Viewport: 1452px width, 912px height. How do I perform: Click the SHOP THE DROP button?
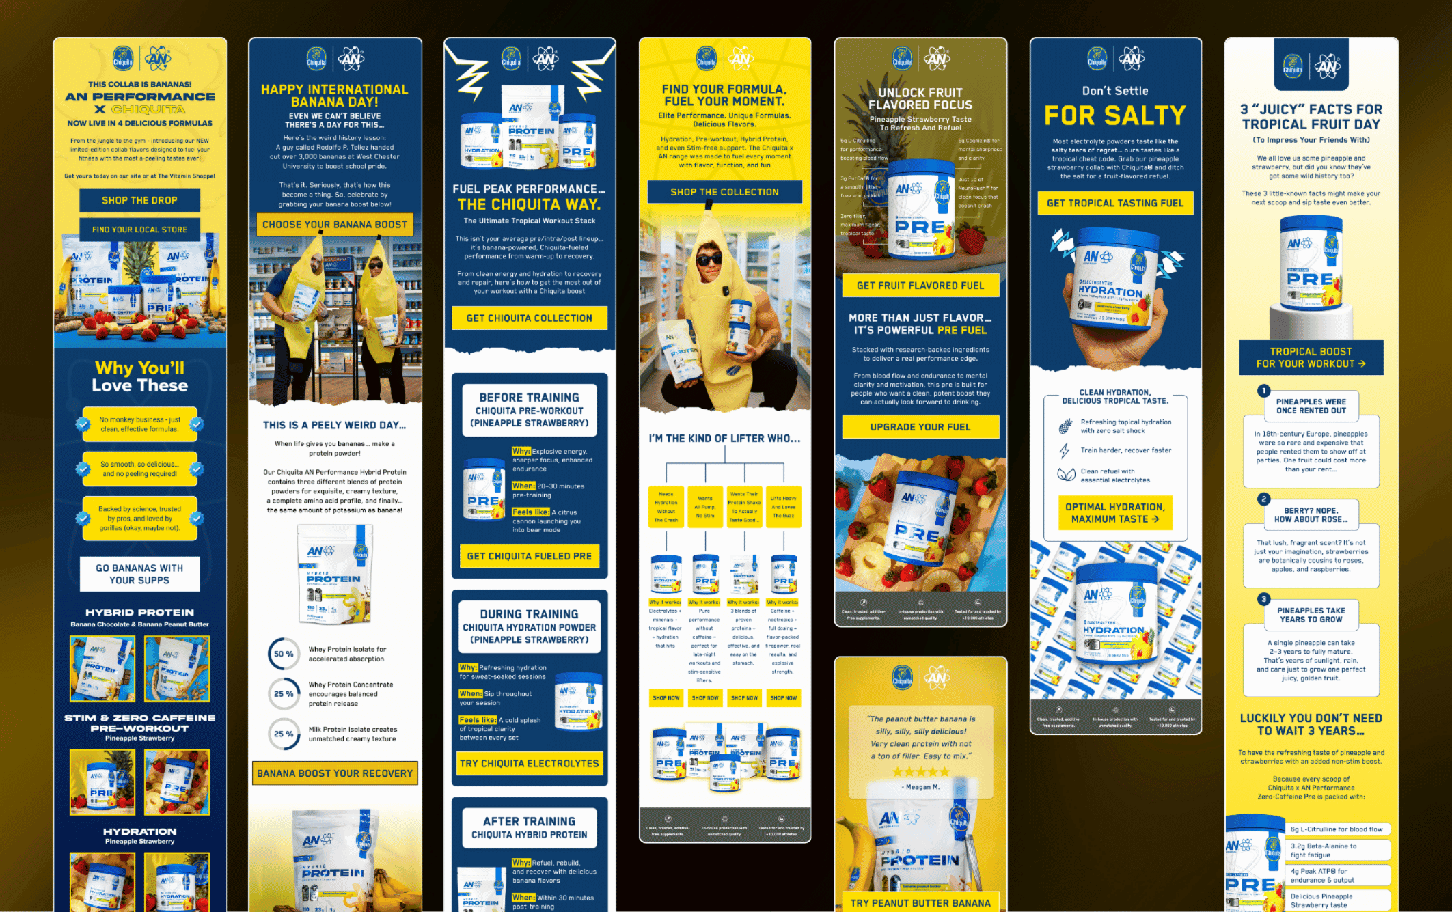pos(139,200)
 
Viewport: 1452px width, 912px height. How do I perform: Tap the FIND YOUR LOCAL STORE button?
pos(139,230)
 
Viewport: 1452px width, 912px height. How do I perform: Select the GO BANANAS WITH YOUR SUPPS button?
pos(139,574)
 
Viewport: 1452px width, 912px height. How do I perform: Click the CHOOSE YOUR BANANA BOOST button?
pos(334,224)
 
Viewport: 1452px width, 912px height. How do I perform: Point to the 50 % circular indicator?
pos(284,654)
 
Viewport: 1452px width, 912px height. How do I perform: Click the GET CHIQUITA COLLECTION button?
pos(529,318)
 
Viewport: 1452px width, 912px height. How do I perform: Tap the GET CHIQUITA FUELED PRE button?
pos(529,556)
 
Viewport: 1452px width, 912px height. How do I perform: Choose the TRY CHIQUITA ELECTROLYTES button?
pos(529,763)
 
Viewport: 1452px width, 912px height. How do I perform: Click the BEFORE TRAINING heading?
pos(529,398)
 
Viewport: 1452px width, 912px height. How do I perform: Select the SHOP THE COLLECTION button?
pos(724,192)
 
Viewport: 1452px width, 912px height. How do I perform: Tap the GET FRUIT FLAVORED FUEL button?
pos(920,286)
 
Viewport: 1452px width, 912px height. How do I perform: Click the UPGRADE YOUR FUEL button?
pos(920,427)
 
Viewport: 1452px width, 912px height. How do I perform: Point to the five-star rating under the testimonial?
pos(920,772)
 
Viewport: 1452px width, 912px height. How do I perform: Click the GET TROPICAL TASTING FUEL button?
pos(1114,203)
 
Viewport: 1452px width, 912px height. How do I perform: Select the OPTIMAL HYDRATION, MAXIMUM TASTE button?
pos(1114,513)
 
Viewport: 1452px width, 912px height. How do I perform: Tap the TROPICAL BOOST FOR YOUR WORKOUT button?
pos(1310,357)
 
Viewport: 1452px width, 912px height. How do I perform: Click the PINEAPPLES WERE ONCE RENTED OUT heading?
pos(1311,406)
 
